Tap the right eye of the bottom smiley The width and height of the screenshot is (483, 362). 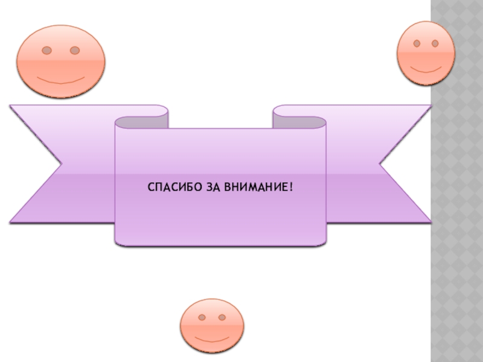[222, 317]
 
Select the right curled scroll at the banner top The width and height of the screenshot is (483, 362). [299, 121]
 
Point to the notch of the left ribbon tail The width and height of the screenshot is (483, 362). [60, 164]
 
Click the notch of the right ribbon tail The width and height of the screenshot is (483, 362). [380, 163]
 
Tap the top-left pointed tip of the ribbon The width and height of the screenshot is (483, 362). [11, 106]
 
